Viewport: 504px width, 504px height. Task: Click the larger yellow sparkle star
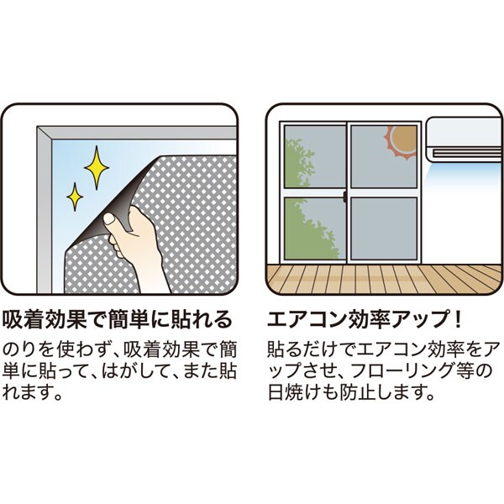click(97, 167)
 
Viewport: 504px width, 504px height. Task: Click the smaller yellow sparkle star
click(75, 197)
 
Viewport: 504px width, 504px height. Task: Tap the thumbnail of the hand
click(109, 219)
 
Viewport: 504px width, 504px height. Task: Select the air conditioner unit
click(465, 139)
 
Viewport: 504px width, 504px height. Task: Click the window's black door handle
click(345, 197)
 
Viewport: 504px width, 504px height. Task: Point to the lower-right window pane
click(384, 228)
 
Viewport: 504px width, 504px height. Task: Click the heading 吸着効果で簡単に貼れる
click(117, 319)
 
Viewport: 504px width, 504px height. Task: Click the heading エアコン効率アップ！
click(365, 319)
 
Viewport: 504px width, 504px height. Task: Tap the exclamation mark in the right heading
click(458, 319)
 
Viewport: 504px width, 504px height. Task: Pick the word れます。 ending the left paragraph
click(33, 392)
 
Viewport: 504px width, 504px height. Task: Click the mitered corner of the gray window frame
click(45, 134)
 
